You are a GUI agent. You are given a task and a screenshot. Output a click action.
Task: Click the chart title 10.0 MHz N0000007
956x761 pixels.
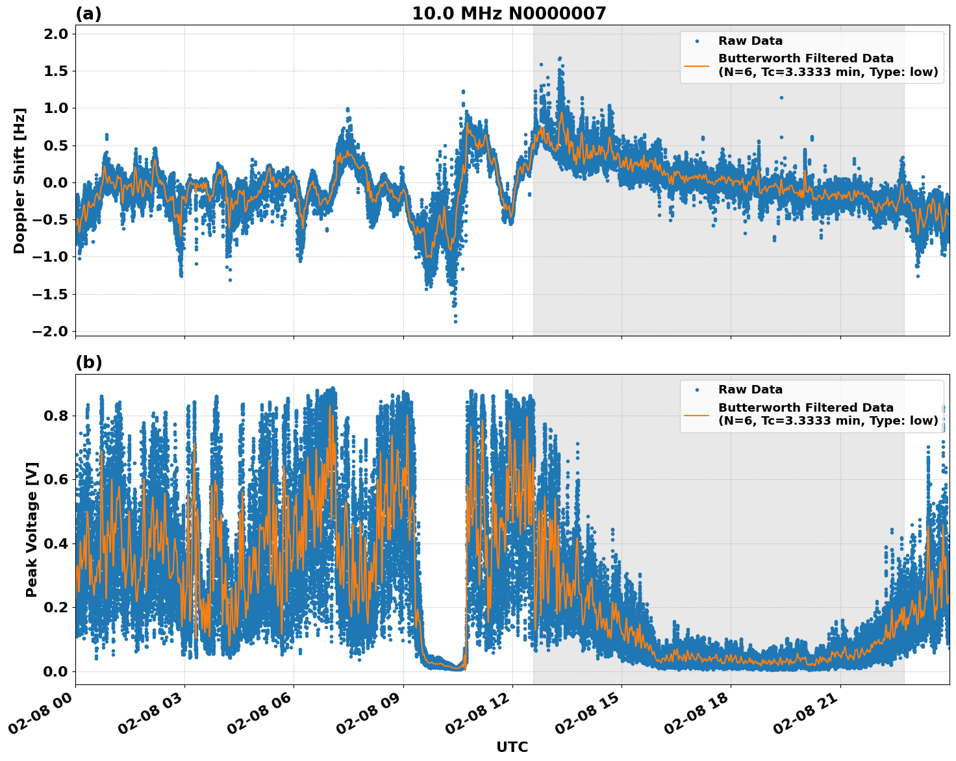pyautogui.click(x=509, y=14)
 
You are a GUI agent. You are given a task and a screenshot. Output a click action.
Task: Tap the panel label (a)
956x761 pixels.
pyautogui.click(x=88, y=14)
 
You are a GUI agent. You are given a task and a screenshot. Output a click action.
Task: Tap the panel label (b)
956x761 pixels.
pyautogui.click(x=88, y=362)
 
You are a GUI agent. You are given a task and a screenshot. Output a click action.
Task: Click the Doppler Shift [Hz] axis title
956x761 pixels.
pyautogui.click(x=19, y=181)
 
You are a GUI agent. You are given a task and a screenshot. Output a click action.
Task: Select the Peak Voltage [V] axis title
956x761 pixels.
pyautogui.click(x=32, y=529)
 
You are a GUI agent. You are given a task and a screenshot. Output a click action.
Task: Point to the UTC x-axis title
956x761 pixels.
pyautogui.click(x=512, y=747)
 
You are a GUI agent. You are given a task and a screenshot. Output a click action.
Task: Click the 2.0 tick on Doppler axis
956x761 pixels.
pyautogui.click(x=55, y=34)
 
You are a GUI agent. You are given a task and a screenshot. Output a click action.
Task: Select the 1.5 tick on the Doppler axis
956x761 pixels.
pyautogui.click(x=55, y=71)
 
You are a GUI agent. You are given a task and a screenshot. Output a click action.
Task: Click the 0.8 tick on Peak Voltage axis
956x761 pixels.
pyautogui.click(x=55, y=416)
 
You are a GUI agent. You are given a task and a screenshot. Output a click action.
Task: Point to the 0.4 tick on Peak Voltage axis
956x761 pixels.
pyautogui.click(x=55, y=543)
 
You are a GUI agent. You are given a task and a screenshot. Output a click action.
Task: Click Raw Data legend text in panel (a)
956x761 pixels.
pyautogui.click(x=750, y=41)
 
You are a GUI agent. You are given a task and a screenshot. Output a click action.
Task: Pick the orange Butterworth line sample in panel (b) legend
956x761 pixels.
pyautogui.click(x=696, y=414)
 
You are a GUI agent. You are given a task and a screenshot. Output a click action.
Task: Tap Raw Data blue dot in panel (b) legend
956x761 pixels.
pyautogui.click(x=696, y=390)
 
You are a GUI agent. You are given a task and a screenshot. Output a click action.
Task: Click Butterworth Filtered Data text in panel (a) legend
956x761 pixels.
pyautogui.click(x=805, y=58)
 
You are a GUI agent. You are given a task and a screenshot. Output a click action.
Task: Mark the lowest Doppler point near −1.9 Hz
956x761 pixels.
pyautogui.click(x=455, y=321)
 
